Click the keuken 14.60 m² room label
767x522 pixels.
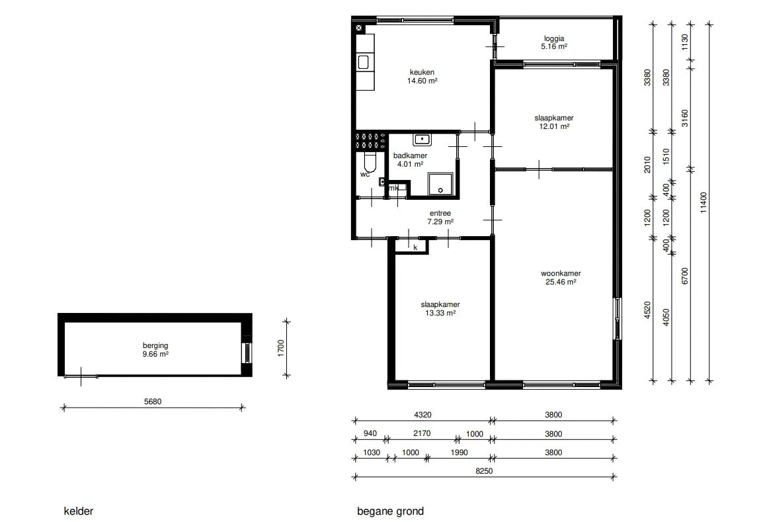pyautogui.click(x=422, y=76)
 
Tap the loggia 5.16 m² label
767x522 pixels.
pyautogui.click(x=553, y=42)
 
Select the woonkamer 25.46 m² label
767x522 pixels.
pyautogui.click(x=561, y=277)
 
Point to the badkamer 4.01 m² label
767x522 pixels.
pyautogui.click(x=410, y=160)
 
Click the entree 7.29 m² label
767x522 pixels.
pyautogui.click(x=440, y=217)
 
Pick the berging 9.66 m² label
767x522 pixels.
pyautogui.click(x=155, y=350)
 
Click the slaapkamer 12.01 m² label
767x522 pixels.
pyautogui.click(x=553, y=122)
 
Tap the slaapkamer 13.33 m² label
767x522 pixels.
pyautogui.click(x=440, y=309)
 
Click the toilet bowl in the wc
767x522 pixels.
pyautogui.click(x=370, y=162)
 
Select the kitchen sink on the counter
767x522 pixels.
pyautogui.click(x=363, y=62)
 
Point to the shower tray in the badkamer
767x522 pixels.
pyautogui.click(x=441, y=184)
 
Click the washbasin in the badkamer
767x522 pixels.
pyautogui.click(x=422, y=140)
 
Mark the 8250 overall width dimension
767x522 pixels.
pyautogui.click(x=484, y=471)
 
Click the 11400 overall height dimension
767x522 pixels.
pyautogui.click(x=704, y=202)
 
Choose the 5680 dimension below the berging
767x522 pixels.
pyautogui.click(x=153, y=402)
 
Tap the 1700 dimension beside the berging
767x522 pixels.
pyautogui.click(x=281, y=348)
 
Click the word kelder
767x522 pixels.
pyautogui.click(x=78, y=511)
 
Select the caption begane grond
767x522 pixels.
pyautogui.click(x=390, y=511)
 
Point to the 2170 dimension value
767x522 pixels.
pyautogui.click(x=422, y=433)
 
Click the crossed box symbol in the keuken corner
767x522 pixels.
pyautogui.click(x=359, y=28)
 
